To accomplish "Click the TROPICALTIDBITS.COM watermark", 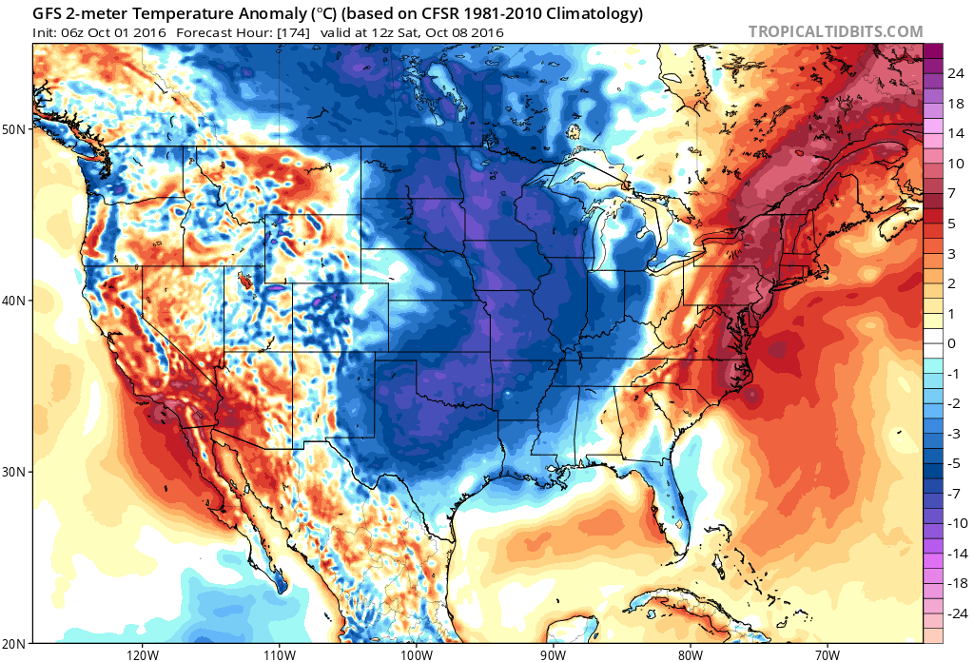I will (x=835, y=31).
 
